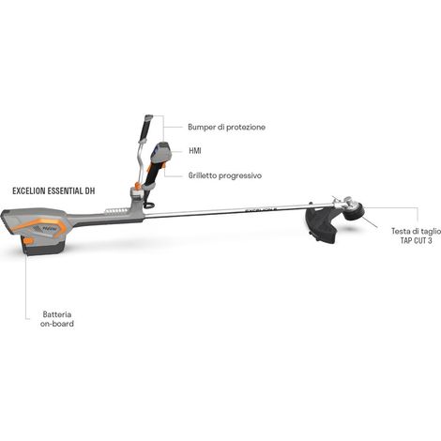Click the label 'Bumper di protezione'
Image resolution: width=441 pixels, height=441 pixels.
click(226, 128)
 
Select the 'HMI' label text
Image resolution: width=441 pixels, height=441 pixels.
click(195, 151)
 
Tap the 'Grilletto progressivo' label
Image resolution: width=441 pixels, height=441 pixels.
click(225, 175)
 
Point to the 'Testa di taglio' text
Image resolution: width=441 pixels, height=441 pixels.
click(417, 231)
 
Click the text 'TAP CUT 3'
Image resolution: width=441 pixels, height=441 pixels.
click(417, 240)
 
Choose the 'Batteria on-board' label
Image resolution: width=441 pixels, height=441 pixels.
click(57, 319)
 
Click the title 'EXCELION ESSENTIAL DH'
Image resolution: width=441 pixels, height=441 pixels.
click(53, 191)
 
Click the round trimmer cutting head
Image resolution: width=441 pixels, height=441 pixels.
click(356, 211)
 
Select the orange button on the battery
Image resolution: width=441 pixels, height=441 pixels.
click(28, 241)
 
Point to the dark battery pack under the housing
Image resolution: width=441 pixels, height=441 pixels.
click(44, 247)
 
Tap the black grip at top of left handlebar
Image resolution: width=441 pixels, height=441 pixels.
click(145, 128)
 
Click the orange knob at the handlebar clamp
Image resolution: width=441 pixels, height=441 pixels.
click(136, 186)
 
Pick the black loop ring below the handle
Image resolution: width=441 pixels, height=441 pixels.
click(149, 205)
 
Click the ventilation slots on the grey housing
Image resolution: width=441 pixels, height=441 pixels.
click(114, 211)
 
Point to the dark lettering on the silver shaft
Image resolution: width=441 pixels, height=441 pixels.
click(261, 210)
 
